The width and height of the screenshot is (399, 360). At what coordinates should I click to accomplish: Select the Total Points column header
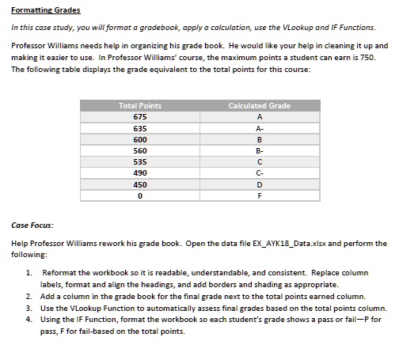(x=139, y=105)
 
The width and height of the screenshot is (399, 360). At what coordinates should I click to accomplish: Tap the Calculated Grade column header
(x=259, y=105)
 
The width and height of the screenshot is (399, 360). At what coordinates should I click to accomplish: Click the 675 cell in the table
(x=139, y=116)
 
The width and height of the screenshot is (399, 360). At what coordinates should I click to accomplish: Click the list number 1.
(x=29, y=272)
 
